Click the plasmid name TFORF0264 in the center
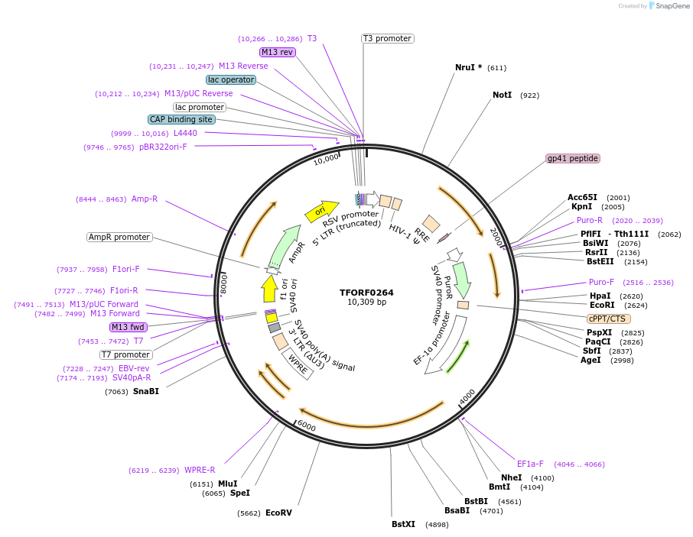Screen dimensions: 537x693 [x=366, y=293]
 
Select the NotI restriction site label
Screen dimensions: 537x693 [x=502, y=95]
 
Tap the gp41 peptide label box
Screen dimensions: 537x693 [x=573, y=159]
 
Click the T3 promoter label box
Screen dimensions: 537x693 [x=387, y=38]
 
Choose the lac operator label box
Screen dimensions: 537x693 [x=231, y=79]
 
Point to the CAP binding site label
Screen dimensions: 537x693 [x=181, y=119]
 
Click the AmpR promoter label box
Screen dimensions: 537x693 [x=119, y=237]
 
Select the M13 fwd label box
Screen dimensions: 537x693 [x=129, y=327]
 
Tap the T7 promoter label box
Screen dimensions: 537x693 [x=125, y=354]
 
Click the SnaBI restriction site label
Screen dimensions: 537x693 [x=145, y=392]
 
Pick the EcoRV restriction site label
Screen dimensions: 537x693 [x=278, y=513]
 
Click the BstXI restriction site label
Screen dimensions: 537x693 [x=403, y=525]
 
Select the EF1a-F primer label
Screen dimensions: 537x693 [x=530, y=464]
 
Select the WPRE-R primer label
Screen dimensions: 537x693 [x=200, y=471]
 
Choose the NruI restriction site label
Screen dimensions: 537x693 [x=468, y=67]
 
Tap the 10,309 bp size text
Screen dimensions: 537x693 [x=366, y=302]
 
